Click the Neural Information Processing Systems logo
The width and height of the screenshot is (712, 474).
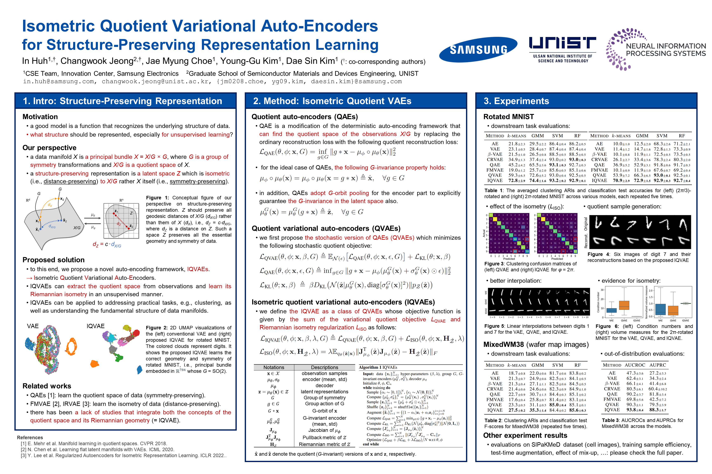click(655, 50)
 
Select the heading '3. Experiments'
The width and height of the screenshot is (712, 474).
click(516, 101)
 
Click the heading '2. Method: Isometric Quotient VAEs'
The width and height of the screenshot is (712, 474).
click(332, 101)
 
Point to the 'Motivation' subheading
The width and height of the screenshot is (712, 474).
click(40, 117)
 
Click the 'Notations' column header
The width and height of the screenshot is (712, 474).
click(274, 367)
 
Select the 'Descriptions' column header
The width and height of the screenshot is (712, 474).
click(324, 367)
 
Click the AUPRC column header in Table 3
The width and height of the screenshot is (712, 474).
click(658, 365)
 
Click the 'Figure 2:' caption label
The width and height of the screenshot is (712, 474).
click(157, 328)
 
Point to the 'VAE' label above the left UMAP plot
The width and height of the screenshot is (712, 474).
click(33, 326)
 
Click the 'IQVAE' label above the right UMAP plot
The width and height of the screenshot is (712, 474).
click(95, 326)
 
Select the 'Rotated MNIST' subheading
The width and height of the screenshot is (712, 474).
click(509, 117)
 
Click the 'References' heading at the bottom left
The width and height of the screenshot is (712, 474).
click(30, 437)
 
